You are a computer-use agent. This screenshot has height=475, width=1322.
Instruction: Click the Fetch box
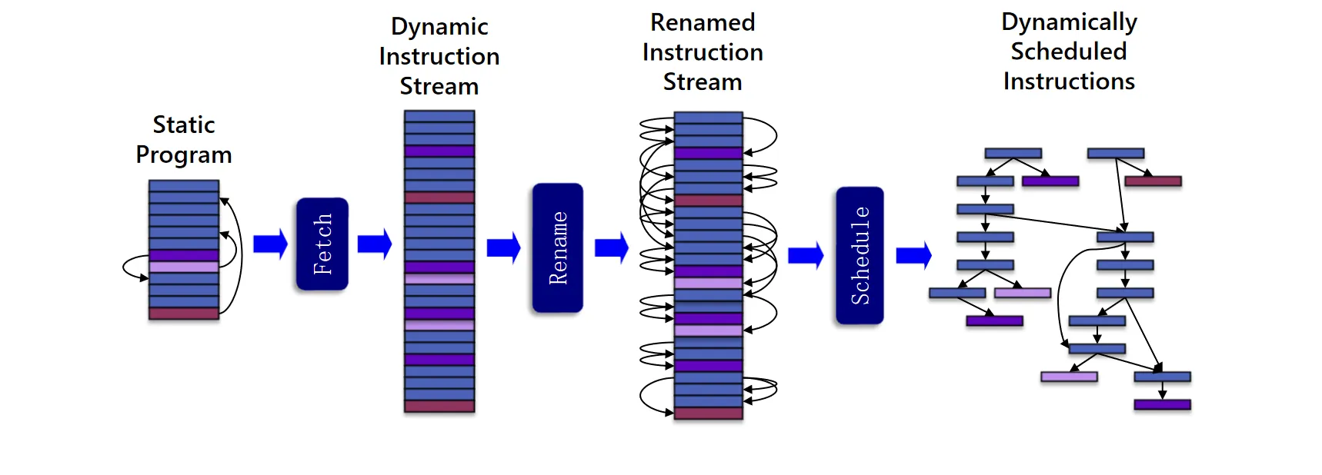tap(322, 244)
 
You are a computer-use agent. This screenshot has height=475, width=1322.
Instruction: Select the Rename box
tap(557, 247)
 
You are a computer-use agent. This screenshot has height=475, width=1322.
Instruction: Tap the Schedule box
tap(860, 255)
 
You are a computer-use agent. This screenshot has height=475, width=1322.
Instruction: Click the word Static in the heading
tap(184, 125)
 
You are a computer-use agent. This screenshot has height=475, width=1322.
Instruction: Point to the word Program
tap(184, 155)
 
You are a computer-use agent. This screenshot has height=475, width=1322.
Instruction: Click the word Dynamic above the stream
tap(439, 27)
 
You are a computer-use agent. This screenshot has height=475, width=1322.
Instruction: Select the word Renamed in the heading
tap(703, 23)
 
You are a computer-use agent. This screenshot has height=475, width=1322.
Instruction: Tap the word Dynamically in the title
tap(1069, 22)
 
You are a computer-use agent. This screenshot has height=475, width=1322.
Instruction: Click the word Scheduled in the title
tap(1069, 51)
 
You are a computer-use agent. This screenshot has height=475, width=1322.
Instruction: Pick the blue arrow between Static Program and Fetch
tap(270, 244)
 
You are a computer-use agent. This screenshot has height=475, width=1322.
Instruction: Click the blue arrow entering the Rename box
tap(504, 247)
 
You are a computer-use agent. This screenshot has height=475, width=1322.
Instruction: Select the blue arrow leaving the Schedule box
tap(913, 254)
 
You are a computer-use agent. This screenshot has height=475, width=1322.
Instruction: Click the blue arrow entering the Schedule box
tap(806, 255)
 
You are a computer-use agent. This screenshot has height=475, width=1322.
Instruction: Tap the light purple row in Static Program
tap(184, 267)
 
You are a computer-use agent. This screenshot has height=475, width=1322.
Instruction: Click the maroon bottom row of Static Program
tap(184, 314)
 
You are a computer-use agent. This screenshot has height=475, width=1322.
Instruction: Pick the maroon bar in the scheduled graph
tap(1153, 181)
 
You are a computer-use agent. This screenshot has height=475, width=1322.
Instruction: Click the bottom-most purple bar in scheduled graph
tap(1162, 404)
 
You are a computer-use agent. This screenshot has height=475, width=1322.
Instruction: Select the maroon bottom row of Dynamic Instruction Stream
tap(439, 406)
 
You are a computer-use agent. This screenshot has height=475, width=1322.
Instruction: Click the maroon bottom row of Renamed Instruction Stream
tap(708, 414)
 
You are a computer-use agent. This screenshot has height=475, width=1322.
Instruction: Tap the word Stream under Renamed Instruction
tap(703, 82)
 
